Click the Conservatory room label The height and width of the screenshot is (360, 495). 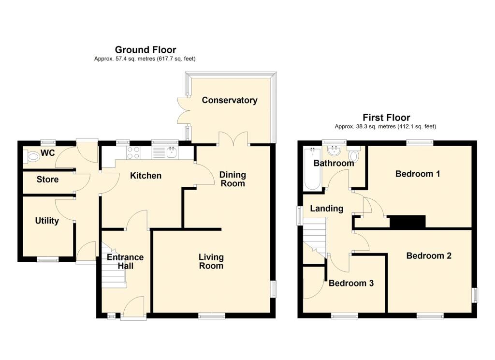coord(230,100)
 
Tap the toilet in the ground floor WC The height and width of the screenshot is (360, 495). coord(33,156)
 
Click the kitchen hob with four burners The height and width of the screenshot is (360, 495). coord(133,153)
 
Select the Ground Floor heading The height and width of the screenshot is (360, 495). coord(145,49)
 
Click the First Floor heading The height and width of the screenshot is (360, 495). coord(386,118)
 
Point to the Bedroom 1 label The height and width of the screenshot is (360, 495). coord(417,174)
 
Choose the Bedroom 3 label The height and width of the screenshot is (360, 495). coord(351,284)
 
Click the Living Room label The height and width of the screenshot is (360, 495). coord(211,261)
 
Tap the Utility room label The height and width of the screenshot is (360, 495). coord(47,221)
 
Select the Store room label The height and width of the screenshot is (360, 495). coord(47,180)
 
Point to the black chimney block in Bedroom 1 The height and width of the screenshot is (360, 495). coord(407,222)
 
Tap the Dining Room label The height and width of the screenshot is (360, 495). coord(233,179)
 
